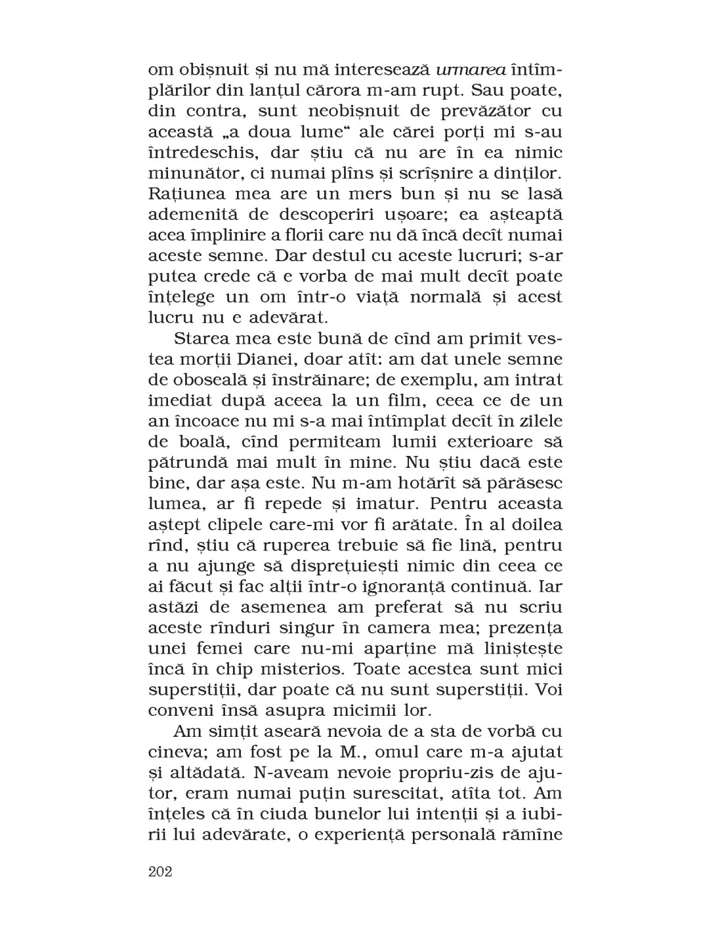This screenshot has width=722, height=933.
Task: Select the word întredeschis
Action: tap(207, 153)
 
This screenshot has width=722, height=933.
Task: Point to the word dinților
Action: tap(527, 173)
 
